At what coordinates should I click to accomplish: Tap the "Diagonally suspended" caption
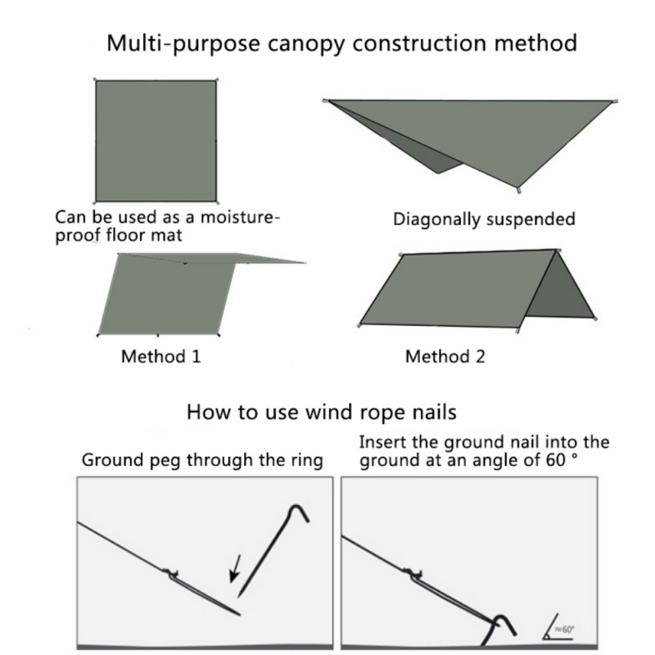click(484, 219)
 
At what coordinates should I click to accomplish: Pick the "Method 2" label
click(445, 357)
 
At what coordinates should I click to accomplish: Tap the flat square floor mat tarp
click(156, 141)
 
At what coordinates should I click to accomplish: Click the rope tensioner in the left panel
click(169, 571)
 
